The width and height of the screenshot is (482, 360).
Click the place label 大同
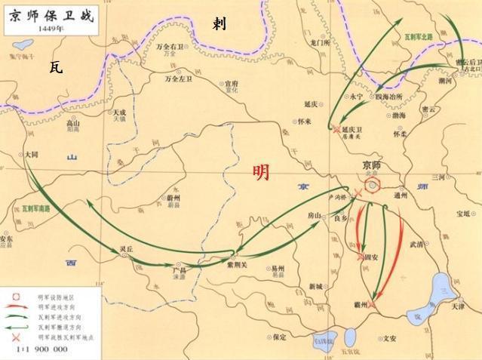[x=31, y=153]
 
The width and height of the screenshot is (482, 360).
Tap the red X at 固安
[x=360, y=257]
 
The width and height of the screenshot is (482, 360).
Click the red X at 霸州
[x=373, y=304]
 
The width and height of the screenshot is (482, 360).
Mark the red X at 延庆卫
[x=336, y=128]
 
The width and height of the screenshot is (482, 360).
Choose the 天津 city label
[x=457, y=306]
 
